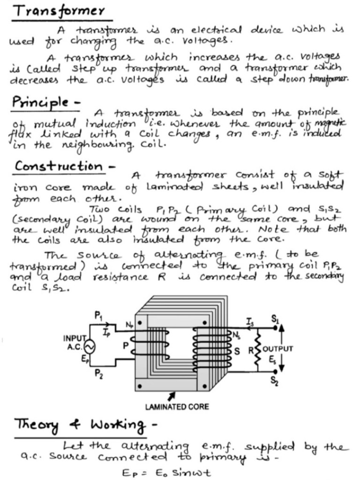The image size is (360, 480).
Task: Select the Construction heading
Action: (x=58, y=166)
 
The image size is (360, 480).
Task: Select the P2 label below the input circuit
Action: (x=98, y=373)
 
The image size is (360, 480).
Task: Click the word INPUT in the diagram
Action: (x=74, y=338)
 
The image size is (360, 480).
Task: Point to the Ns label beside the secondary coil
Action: (x=236, y=334)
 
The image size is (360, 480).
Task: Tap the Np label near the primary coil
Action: (x=128, y=325)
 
